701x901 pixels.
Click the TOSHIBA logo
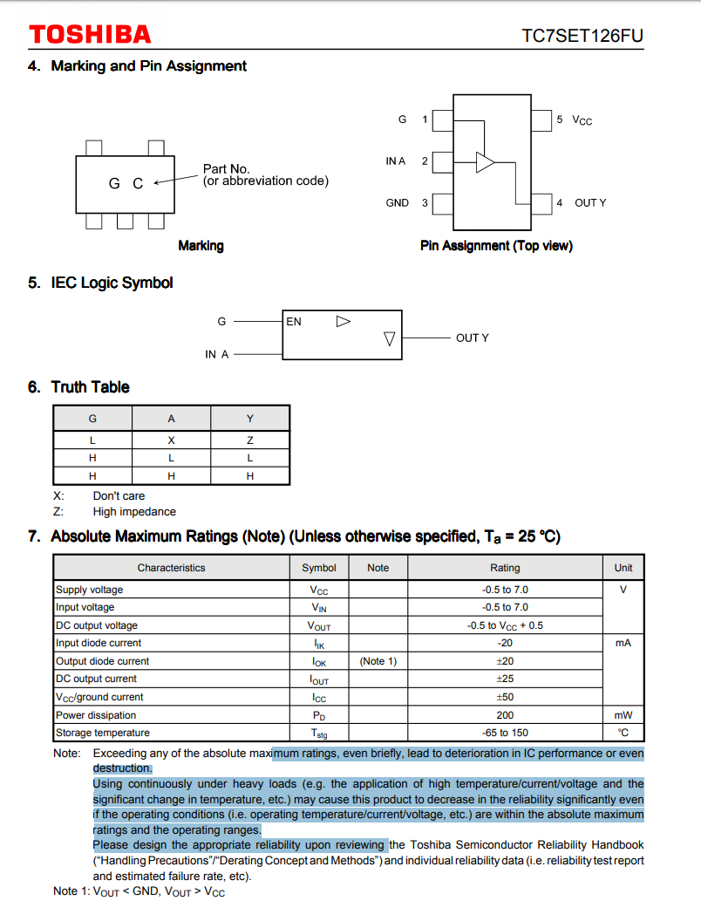point(90,35)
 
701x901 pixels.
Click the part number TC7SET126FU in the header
point(583,36)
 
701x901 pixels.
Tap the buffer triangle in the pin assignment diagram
point(485,161)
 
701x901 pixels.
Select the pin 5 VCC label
point(575,120)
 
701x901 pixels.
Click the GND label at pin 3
point(398,203)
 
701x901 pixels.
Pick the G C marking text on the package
point(126,184)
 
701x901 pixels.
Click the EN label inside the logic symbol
point(294,322)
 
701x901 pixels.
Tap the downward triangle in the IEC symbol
point(390,339)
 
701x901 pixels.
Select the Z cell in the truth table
point(250,440)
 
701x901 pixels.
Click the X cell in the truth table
point(171,440)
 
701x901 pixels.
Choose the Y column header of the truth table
point(250,419)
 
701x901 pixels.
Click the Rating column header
point(505,568)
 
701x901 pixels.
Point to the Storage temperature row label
point(103,733)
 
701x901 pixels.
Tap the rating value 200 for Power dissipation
point(505,715)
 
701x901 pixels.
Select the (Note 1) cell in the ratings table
point(378,661)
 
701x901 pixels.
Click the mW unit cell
point(623,715)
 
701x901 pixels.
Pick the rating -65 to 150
point(505,733)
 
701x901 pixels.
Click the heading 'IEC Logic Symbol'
point(112,283)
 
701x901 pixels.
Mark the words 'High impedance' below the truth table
point(134,512)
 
